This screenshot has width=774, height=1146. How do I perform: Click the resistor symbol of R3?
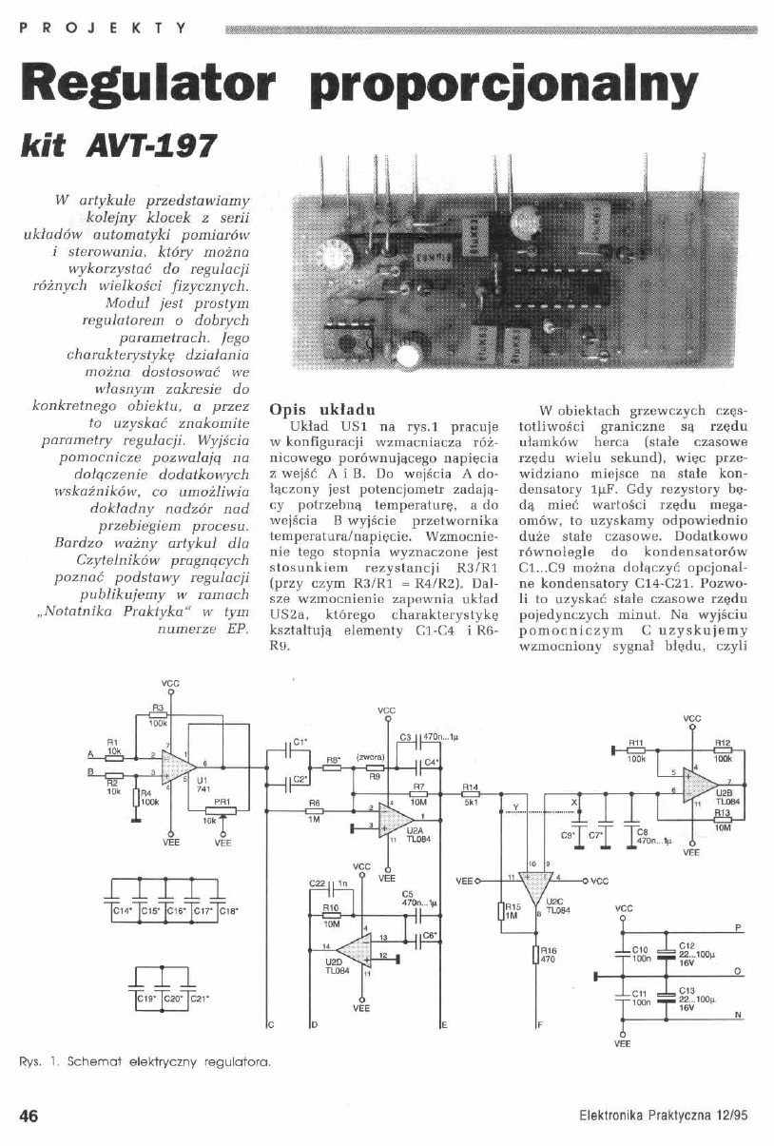point(158,714)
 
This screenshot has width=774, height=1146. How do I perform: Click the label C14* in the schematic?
point(123,911)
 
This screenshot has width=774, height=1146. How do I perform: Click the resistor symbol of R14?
point(470,794)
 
